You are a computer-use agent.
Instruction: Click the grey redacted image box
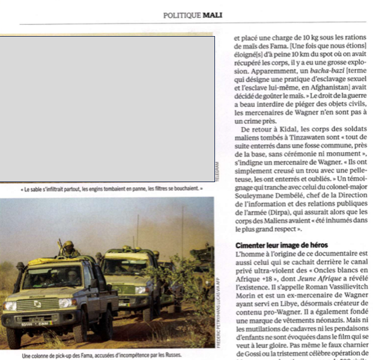107,109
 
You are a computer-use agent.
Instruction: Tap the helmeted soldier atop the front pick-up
68,247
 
